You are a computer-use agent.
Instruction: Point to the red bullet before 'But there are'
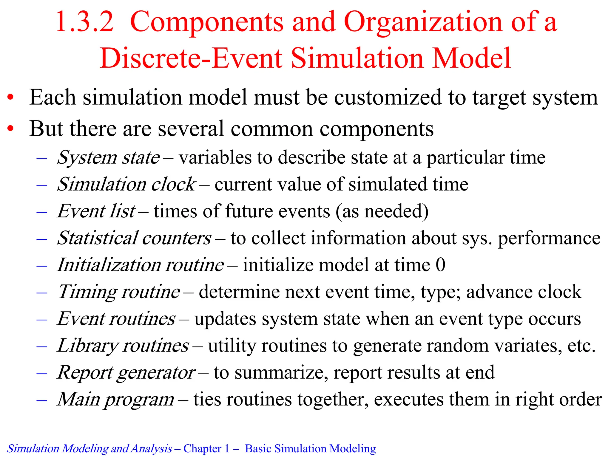click(x=11, y=129)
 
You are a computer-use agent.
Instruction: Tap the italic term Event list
click(x=96, y=211)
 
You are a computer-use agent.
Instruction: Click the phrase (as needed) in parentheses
click(x=382, y=211)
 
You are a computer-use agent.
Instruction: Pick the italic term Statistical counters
click(x=134, y=238)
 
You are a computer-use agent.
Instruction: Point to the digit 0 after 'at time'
click(x=440, y=265)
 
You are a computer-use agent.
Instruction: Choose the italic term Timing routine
click(x=119, y=292)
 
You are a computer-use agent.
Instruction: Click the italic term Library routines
click(x=123, y=346)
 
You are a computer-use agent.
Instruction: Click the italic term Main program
click(x=116, y=400)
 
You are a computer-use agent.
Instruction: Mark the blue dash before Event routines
click(x=42, y=319)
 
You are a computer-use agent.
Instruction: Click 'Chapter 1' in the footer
click(x=206, y=448)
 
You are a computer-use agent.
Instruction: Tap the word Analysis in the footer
click(x=152, y=448)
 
